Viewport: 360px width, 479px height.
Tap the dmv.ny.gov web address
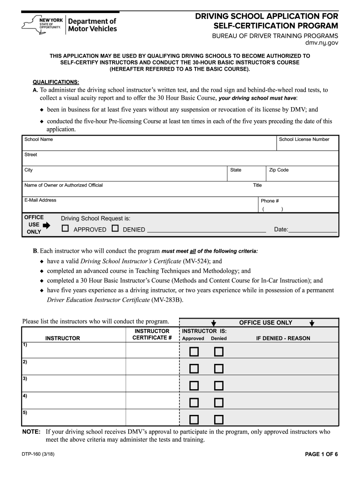click(x=322, y=43)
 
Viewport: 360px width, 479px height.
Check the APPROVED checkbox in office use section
click(x=65, y=229)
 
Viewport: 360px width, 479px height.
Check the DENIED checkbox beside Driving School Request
click(x=115, y=229)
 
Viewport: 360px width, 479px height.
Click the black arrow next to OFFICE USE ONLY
click(x=46, y=225)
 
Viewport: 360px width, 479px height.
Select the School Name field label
click(x=38, y=139)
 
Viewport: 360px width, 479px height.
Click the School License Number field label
click(x=304, y=139)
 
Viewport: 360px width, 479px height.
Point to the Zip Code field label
click(x=279, y=170)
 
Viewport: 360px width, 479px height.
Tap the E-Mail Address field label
click(x=40, y=200)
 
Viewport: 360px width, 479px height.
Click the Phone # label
click(x=270, y=201)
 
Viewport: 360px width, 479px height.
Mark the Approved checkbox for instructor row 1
click(x=194, y=351)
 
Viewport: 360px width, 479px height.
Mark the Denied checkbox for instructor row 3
click(x=218, y=385)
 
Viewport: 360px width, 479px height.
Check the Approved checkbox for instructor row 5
click(x=194, y=419)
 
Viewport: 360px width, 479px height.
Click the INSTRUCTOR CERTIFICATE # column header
click(x=152, y=334)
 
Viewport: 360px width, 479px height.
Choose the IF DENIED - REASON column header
click(x=283, y=338)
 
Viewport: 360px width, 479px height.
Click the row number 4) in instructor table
click(x=24, y=395)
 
